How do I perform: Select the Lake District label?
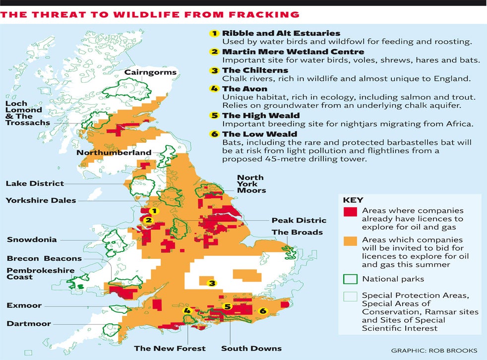(x=35, y=183)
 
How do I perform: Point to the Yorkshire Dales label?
(x=41, y=200)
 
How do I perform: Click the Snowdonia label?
(x=32, y=240)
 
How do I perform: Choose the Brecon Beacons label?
(x=44, y=258)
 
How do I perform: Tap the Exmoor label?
(x=24, y=305)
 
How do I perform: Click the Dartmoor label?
(x=28, y=324)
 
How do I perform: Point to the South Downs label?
(x=251, y=348)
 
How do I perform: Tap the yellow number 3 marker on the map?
(x=212, y=283)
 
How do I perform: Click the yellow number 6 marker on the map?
(x=263, y=311)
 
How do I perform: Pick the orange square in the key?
(x=350, y=240)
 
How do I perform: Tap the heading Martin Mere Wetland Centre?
(x=293, y=52)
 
